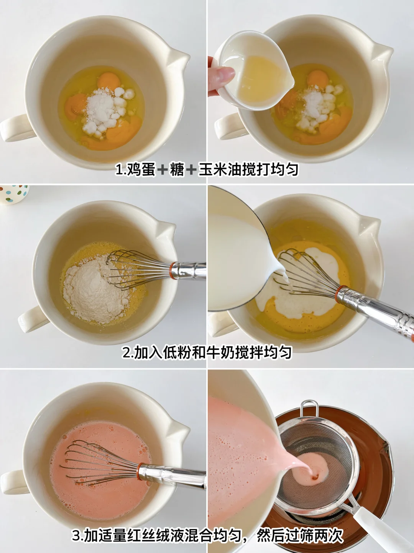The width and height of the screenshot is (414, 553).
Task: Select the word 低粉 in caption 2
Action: pos(177,352)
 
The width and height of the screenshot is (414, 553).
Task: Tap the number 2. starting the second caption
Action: pos(127,353)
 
